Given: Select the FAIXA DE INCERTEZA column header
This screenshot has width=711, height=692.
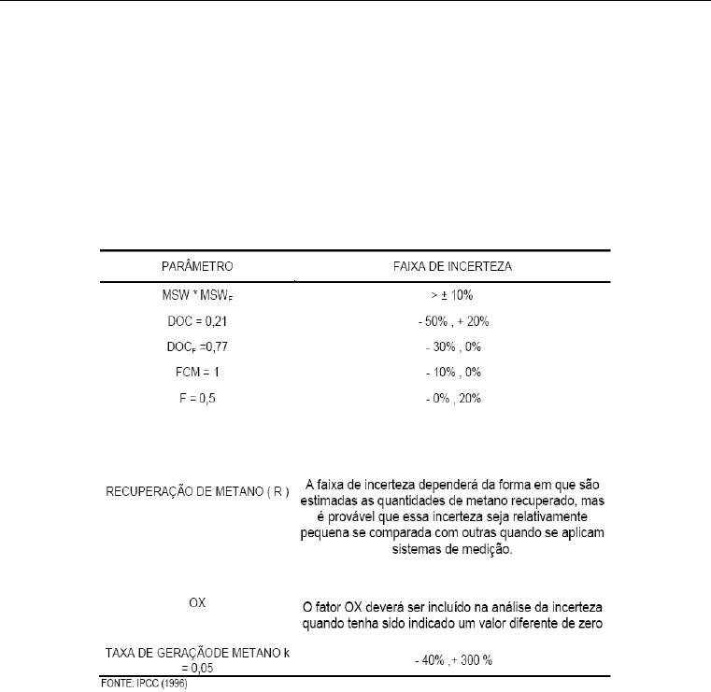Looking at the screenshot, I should pos(453,266).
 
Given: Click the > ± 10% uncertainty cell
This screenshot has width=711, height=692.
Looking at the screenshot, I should pos(453,297).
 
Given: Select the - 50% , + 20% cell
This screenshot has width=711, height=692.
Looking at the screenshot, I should pos(453,321).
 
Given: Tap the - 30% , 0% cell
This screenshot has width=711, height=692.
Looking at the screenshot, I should pos(453,346).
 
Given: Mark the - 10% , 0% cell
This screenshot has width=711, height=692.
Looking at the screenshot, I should pos(453,371).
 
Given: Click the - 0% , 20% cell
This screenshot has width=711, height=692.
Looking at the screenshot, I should pos(453,396).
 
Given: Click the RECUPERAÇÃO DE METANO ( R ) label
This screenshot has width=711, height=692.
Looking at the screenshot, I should pos(196,489).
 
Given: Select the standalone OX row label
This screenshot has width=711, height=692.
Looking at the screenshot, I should pos(197,602).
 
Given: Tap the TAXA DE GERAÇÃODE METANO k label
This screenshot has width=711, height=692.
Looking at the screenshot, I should pos(196,652).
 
